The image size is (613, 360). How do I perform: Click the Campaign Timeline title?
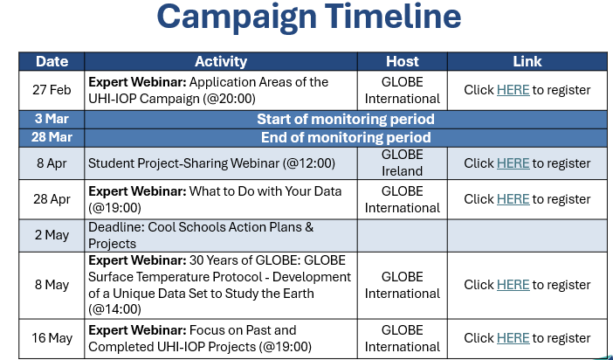point(309,17)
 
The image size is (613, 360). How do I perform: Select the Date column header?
point(52,61)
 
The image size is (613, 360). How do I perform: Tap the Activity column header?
point(221,61)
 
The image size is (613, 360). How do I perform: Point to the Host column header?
point(403,61)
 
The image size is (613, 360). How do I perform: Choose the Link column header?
point(527,61)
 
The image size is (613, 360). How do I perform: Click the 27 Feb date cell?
point(52,90)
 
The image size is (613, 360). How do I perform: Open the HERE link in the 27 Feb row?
point(513,90)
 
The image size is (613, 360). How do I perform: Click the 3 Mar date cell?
point(52,119)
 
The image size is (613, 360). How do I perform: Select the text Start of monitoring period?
point(346,120)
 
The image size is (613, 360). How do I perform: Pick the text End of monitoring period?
point(346,138)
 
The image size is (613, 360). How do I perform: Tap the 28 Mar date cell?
point(52,137)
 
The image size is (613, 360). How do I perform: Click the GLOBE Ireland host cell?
point(403,163)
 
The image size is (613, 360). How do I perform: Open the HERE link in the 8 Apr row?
point(513,163)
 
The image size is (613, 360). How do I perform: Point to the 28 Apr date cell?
point(52,199)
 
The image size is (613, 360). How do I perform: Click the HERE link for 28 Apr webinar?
point(513,199)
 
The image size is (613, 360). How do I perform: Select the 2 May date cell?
point(52,235)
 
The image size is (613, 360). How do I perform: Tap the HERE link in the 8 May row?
point(513,285)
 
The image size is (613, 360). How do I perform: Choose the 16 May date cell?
point(52,338)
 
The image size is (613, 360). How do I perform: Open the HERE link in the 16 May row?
point(513,338)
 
